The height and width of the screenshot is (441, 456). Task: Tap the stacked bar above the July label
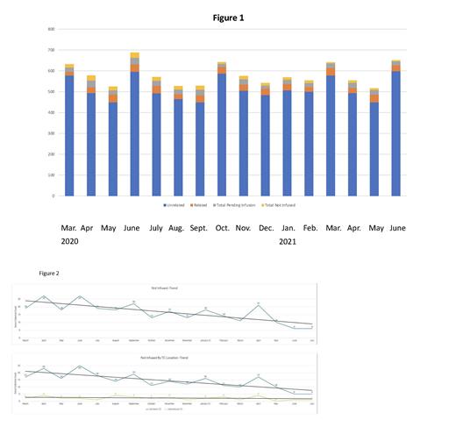point(156,137)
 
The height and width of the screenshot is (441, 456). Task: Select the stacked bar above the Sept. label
point(200,141)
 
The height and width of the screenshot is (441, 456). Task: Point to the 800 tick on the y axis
point(52,29)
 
